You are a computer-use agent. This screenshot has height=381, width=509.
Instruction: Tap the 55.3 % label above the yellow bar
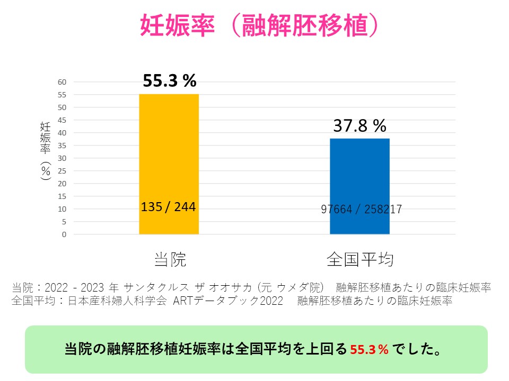(170, 81)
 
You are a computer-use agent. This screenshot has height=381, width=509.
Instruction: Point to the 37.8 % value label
(359, 125)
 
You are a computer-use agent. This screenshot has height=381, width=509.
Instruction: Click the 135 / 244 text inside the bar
(169, 206)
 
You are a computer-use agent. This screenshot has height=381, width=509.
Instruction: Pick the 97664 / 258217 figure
(361, 209)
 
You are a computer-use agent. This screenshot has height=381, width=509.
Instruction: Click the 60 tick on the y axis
(62, 82)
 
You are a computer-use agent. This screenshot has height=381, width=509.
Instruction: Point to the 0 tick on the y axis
(64, 234)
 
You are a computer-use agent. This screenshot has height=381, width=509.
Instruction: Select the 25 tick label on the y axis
(62, 171)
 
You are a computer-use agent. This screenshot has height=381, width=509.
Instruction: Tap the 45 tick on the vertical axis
(62, 120)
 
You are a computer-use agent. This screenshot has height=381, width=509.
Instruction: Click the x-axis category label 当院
(170, 260)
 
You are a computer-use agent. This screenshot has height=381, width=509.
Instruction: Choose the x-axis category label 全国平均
(359, 260)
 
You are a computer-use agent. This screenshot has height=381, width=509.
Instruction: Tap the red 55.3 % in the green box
(370, 350)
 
